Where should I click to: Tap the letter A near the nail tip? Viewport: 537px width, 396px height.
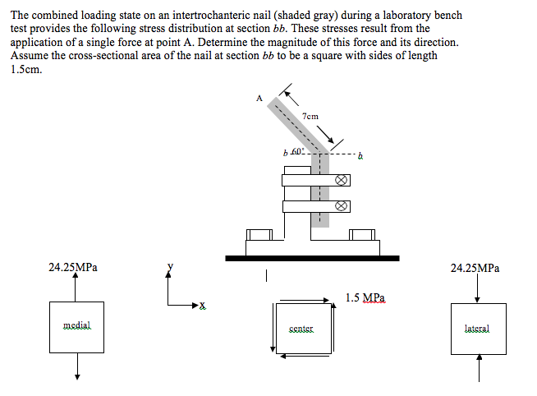(x=259, y=99)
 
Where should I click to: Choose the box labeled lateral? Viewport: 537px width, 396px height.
(x=477, y=328)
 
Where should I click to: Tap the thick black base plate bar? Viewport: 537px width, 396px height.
(x=311, y=258)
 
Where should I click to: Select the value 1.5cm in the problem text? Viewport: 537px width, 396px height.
(x=26, y=69)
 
